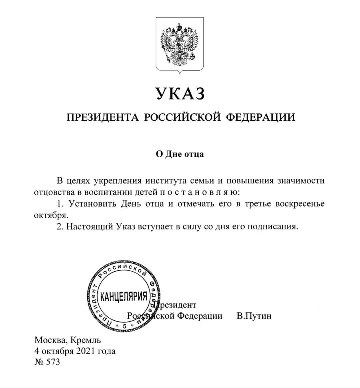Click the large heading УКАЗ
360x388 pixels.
180,94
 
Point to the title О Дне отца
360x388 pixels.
180,154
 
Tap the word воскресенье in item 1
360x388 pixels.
300,204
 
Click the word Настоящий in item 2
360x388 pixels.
89,227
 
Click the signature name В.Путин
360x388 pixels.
254,316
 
